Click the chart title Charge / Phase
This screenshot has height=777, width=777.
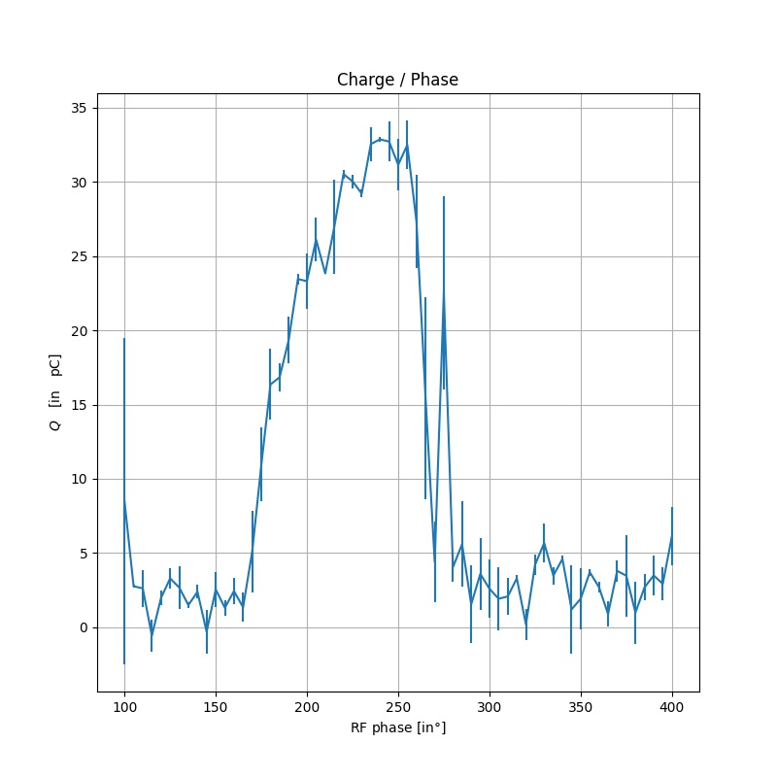[397, 80]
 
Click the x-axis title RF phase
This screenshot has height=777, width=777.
[397, 726]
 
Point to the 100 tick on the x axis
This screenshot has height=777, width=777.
[124, 706]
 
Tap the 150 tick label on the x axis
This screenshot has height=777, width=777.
[216, 706]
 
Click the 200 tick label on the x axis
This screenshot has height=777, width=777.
[307, 706]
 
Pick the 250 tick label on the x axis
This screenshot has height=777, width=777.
[398, 706]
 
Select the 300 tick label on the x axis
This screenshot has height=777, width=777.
[490, 706]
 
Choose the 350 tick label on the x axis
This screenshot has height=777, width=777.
[581, 706]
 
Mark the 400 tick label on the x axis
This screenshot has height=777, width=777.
[672, 706]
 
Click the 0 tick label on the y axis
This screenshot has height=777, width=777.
[85, 627]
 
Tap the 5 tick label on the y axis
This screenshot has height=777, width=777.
[85, 554]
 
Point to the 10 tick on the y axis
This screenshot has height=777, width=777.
[82, 480]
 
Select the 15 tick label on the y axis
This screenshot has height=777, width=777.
[82, 405]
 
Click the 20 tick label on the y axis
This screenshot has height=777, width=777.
[82, 331]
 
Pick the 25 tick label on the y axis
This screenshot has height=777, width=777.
[82, 257]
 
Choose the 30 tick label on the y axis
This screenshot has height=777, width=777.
[82, 183]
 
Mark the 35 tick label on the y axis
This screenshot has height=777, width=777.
[82, 109]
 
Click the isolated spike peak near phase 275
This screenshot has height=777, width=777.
[444, 294]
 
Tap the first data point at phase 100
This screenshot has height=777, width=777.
[124, 501]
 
